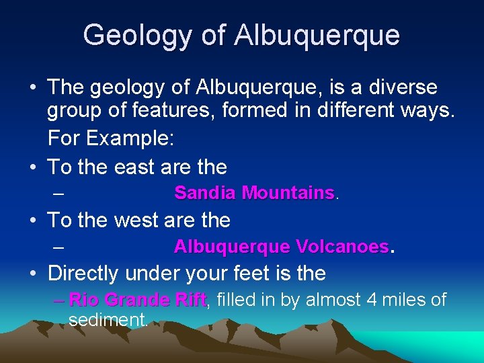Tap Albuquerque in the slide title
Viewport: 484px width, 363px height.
coord(318,35)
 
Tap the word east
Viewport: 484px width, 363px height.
coord(143,167)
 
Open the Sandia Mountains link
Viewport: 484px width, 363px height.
coord(254,194)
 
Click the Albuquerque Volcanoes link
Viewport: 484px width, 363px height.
coord(281,247)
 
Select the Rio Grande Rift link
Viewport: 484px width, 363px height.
coord(138,300)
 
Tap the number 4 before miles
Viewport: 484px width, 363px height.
coord(372,300)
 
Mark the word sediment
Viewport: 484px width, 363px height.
coord(108,320)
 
